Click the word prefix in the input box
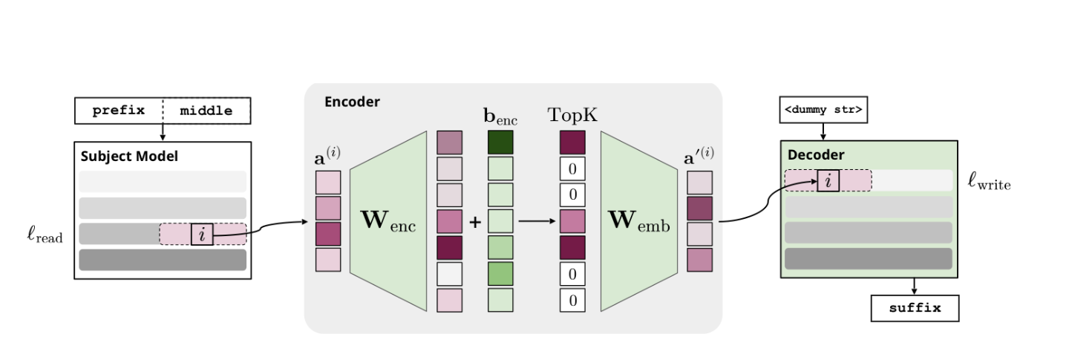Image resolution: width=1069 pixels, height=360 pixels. tap(118, 111)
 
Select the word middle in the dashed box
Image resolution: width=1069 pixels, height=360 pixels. tap(206, 111)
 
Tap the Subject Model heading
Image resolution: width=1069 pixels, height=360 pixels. tap(129, 157)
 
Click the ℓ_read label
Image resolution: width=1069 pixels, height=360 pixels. tap(44, 236)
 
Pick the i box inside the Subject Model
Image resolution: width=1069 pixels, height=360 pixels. tap(202, 234)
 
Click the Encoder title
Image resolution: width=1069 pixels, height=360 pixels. tap(352, 102)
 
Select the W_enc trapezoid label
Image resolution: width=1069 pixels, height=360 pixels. tap(388, 222)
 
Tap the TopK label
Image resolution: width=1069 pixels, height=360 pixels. tap(572, 115)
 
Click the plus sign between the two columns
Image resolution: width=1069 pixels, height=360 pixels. tap(475, 221)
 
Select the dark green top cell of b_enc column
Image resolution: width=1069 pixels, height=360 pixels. tap(500, 143)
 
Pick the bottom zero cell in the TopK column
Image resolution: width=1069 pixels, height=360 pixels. tap(572, 300)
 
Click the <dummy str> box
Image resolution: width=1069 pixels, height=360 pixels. tap(823, 111)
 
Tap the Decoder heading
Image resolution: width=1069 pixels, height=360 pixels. tap(817, 155)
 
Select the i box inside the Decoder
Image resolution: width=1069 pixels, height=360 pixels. tap(828, 180)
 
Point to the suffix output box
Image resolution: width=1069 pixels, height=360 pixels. tap(915, 308)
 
